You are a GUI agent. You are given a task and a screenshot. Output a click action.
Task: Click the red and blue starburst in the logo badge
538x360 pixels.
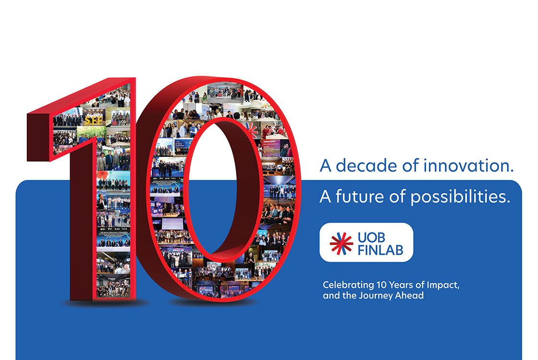(x=341, y=242)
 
